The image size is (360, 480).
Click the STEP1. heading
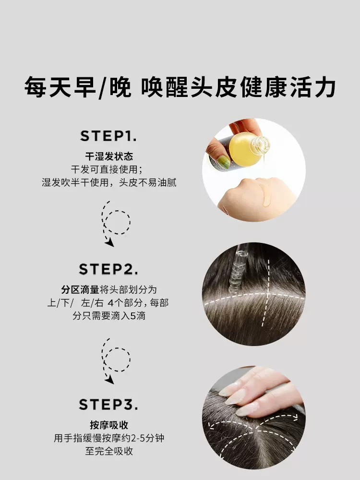108,136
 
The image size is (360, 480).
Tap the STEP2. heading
108,269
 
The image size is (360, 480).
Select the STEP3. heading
108,404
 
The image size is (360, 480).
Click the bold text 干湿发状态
109,156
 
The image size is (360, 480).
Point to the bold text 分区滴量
80,289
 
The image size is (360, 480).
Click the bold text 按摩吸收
109,425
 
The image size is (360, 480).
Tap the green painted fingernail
224,162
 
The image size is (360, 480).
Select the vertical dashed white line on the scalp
266,293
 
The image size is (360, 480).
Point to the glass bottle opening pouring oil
261,144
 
